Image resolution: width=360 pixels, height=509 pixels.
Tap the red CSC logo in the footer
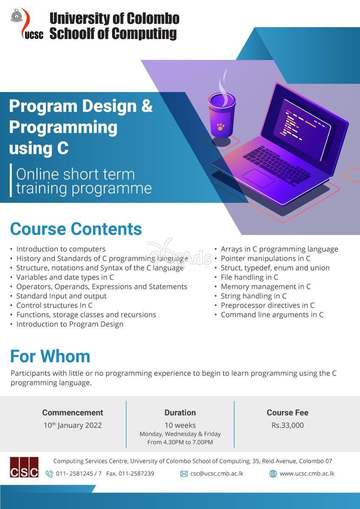point(24,467)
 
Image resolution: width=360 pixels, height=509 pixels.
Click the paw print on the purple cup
point(220,126)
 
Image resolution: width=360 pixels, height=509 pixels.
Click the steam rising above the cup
point(222,83)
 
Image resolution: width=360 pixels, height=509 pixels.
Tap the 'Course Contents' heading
point(76,229)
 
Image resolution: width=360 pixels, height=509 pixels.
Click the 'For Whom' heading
point(50,356)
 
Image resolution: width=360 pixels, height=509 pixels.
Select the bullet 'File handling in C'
point(249,277)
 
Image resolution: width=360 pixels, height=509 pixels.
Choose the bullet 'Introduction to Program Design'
point(70,324)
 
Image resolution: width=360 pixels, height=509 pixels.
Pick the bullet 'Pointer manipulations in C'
point(265,258)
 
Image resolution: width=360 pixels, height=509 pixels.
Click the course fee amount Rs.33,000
point(287,425)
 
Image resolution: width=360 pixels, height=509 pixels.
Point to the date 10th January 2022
point(73,425)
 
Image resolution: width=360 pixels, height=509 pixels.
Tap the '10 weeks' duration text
point(180,425)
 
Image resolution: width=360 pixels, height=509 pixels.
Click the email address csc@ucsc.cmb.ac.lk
point(217,473)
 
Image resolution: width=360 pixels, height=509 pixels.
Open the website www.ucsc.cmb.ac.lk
point(307,473)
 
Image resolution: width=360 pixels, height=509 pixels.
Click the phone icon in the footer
point(49,474)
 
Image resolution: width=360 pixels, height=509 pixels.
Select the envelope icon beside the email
point(184,474)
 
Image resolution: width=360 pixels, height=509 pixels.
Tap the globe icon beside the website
point(273,474)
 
